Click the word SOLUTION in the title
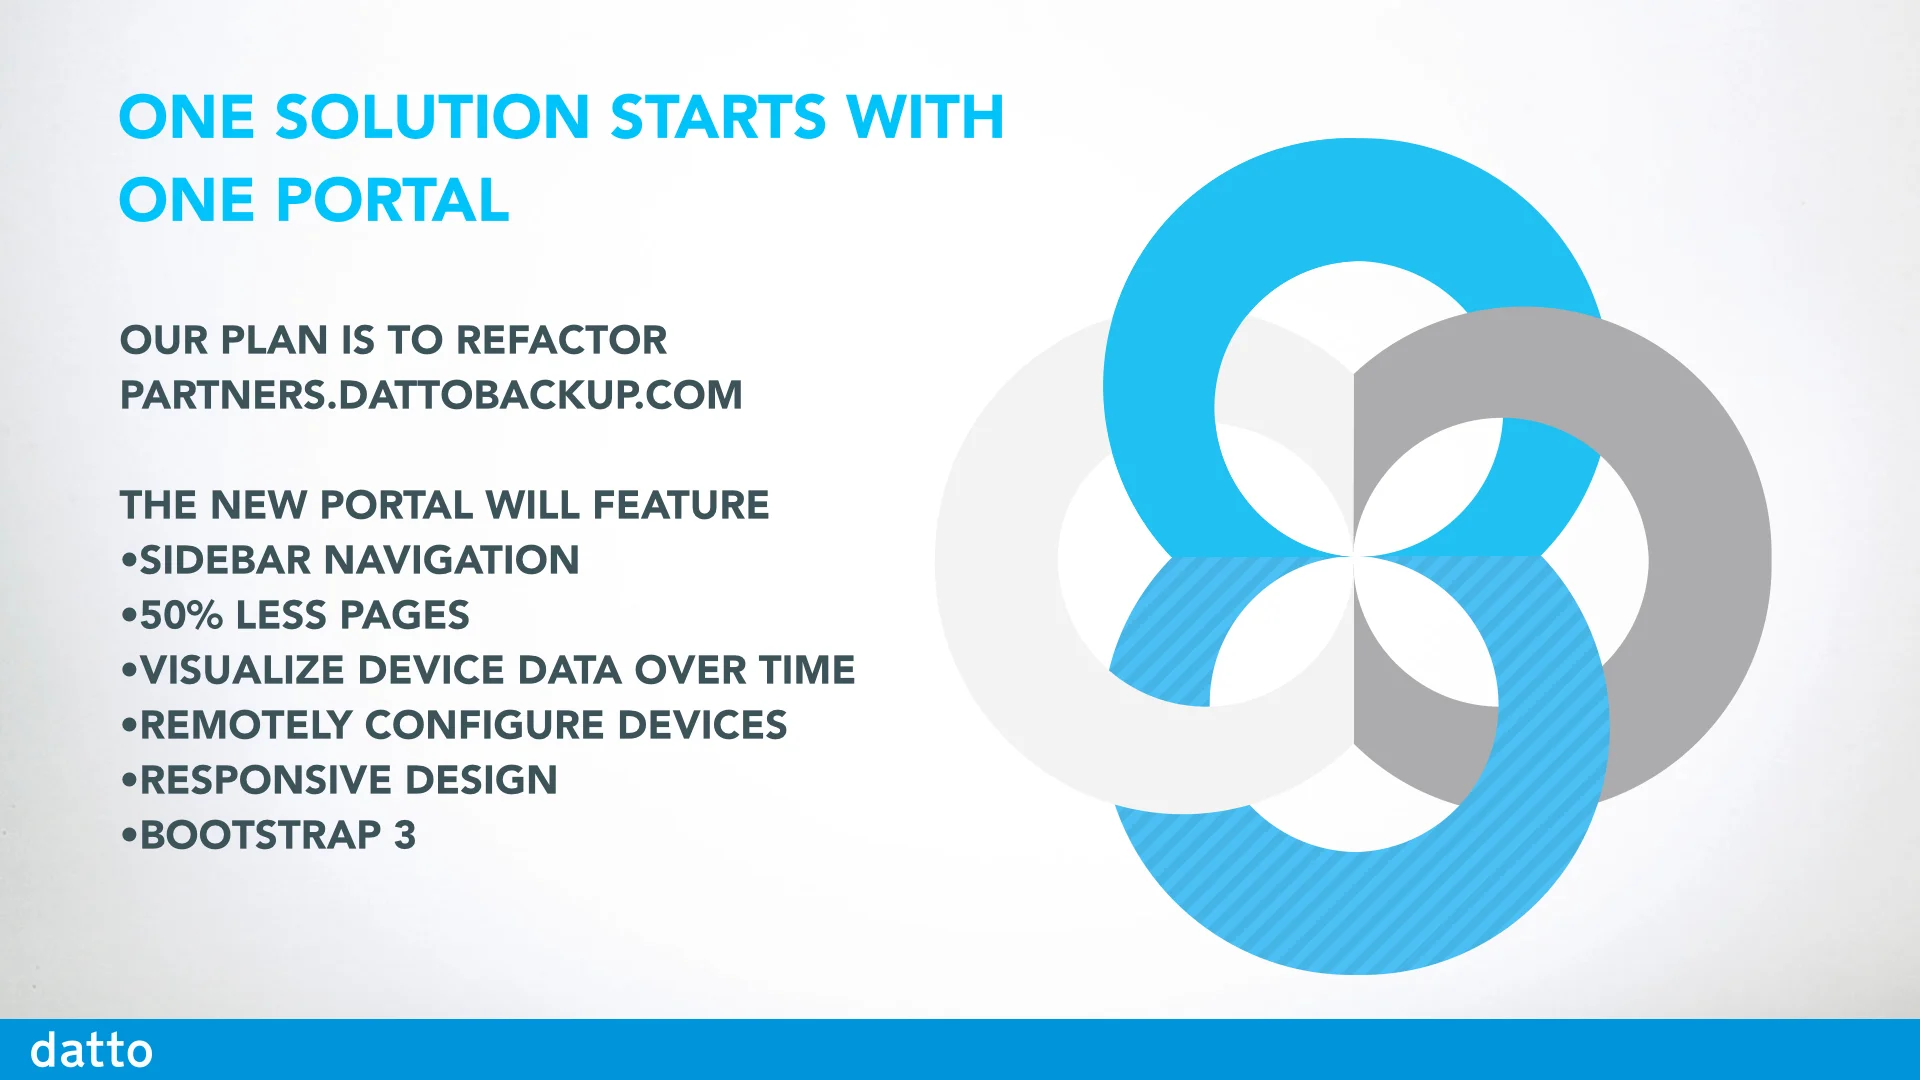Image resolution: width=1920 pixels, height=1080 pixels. coord(432,118)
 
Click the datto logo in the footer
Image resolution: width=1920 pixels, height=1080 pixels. coord(91,1050)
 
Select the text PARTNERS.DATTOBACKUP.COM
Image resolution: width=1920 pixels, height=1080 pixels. coord(431,395)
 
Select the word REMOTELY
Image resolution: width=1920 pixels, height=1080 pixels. coord(246,725)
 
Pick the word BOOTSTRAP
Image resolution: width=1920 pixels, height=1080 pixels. coord(260,835)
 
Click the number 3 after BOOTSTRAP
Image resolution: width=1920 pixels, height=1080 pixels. coord(404,835)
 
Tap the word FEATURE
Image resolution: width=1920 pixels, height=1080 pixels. coord(681,505)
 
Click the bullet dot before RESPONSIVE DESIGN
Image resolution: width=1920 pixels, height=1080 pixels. coord(128,780)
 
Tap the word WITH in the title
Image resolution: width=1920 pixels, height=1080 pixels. coord(925,118)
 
